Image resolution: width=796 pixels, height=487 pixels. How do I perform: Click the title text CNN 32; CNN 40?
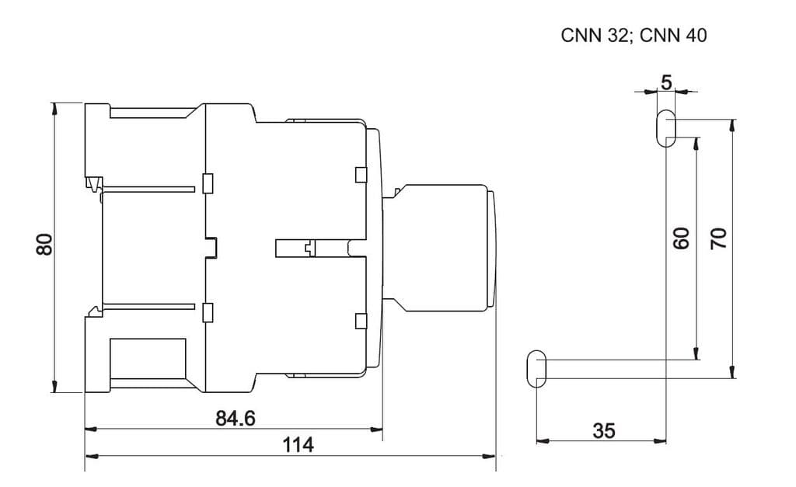634,36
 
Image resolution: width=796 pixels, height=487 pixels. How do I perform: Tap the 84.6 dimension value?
235,419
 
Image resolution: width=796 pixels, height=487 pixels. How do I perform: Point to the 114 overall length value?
298,445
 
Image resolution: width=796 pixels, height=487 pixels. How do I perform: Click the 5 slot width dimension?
666,82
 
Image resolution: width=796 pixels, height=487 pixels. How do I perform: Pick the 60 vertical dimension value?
681,238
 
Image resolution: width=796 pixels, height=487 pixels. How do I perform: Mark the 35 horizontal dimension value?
603,431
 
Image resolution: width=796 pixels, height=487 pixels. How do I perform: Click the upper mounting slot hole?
666,128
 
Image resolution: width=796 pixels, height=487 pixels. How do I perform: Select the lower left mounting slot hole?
536,369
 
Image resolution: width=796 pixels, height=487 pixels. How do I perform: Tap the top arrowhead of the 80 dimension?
54,107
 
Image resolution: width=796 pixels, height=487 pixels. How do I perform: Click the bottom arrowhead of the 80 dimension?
54,387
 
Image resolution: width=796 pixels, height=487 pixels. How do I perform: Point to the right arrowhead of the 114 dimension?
491,456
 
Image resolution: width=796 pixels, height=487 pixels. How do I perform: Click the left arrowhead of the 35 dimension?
542,441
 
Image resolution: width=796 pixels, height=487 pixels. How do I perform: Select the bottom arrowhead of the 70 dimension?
732,373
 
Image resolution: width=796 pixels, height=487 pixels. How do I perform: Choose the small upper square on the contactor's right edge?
360,174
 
